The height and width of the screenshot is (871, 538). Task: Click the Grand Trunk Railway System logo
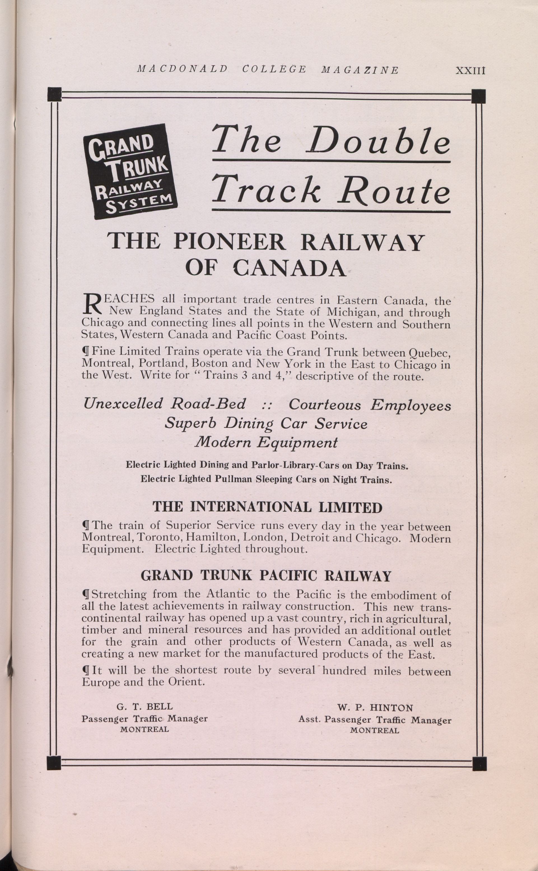click(130, 171)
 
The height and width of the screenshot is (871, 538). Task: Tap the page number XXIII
click(471, 71)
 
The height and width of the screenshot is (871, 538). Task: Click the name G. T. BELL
click(145, 706)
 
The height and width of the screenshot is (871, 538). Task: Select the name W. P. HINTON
click(375, 707)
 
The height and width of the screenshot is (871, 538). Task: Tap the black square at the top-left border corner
click(54, 94)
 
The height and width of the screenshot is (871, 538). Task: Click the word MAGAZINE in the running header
click(360, 70)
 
